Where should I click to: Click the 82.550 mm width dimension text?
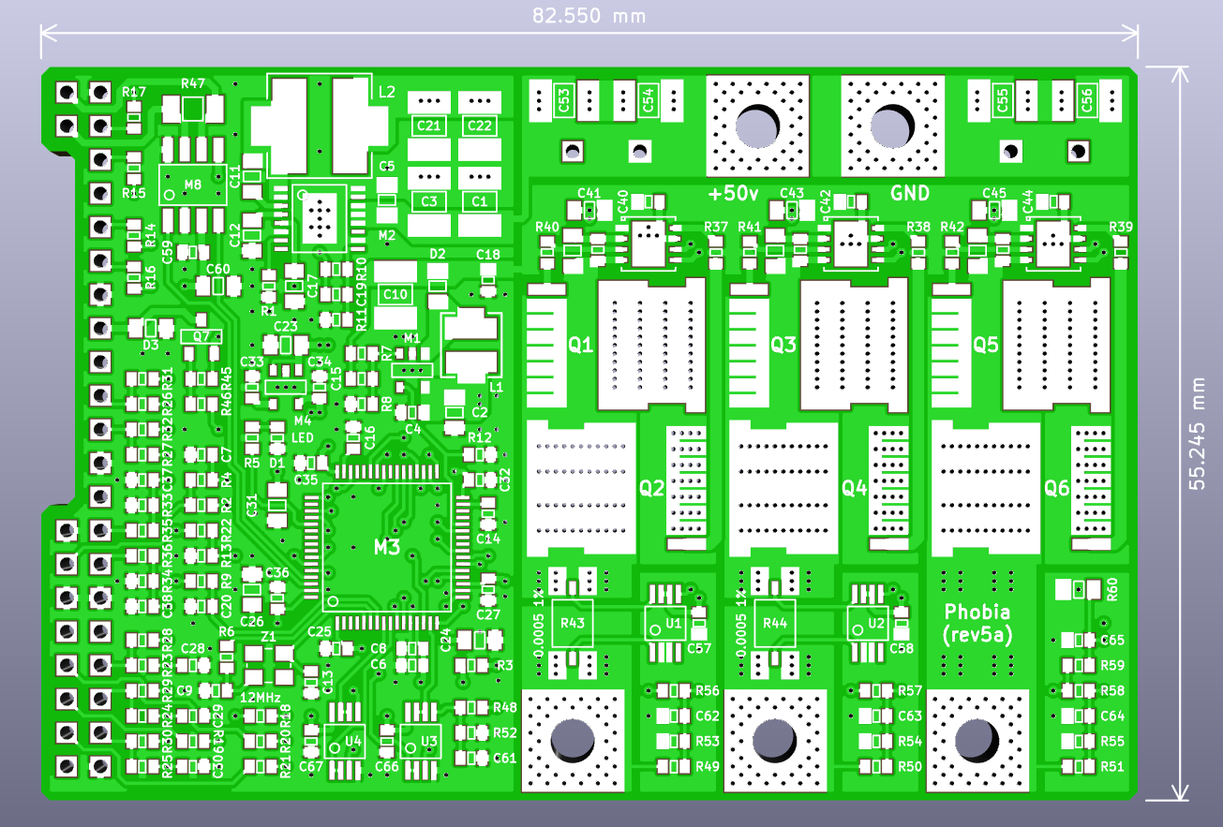click(x=589, y=16)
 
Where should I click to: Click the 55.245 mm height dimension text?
click(x=1198, y=434)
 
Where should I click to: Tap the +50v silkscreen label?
click(x=734, y=194)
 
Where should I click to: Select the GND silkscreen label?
click(x=909, y=194)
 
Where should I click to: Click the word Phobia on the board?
click(x=977, y=613)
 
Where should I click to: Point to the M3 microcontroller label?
click(x=387, y=546)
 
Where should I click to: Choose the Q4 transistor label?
click(x=854, y=488)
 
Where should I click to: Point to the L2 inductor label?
click(x=387, y=93)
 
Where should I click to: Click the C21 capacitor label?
click(x=429, y=126)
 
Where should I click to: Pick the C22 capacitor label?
click(x=479, y=126)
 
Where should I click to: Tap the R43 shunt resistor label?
click(x=572, y=623)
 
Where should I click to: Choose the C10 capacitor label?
click(x=395, y=294)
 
